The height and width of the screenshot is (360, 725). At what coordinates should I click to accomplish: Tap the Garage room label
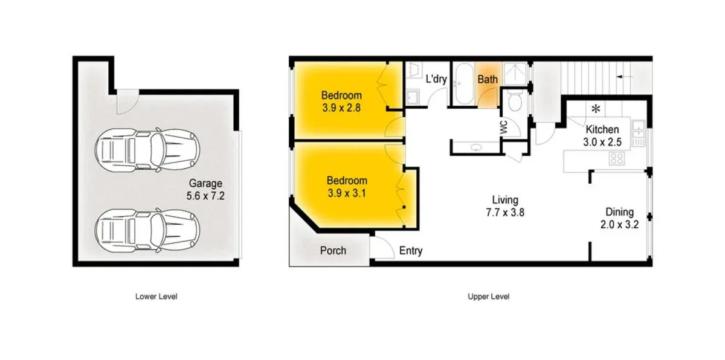coord(206,189)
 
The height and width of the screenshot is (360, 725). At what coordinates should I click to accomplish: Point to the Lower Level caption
coord(156,297)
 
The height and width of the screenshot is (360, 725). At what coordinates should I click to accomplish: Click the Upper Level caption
coord(489,297)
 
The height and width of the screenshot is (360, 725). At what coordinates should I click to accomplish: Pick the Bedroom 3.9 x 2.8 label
coord(341,101)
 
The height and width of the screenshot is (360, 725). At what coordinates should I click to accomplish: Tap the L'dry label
coord(436,79)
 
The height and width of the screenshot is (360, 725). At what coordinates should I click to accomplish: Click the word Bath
coord(488,79)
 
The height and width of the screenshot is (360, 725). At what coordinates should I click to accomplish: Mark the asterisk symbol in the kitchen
coord(596,109)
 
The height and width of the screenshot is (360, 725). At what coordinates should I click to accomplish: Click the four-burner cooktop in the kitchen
coord(617,159)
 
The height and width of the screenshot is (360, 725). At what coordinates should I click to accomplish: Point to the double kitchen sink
coord(638,133)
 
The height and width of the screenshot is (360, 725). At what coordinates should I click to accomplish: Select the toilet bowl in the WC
coord(515,103)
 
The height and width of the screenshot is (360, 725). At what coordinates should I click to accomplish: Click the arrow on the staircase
coord(625,77)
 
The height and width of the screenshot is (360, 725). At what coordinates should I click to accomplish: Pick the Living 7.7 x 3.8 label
coord(504,206)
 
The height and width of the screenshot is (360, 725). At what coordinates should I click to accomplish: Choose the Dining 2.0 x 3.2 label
coord(620,218)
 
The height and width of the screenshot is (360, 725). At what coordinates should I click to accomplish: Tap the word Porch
coord(333,250)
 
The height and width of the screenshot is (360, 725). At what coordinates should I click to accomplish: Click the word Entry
coord(411,251)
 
